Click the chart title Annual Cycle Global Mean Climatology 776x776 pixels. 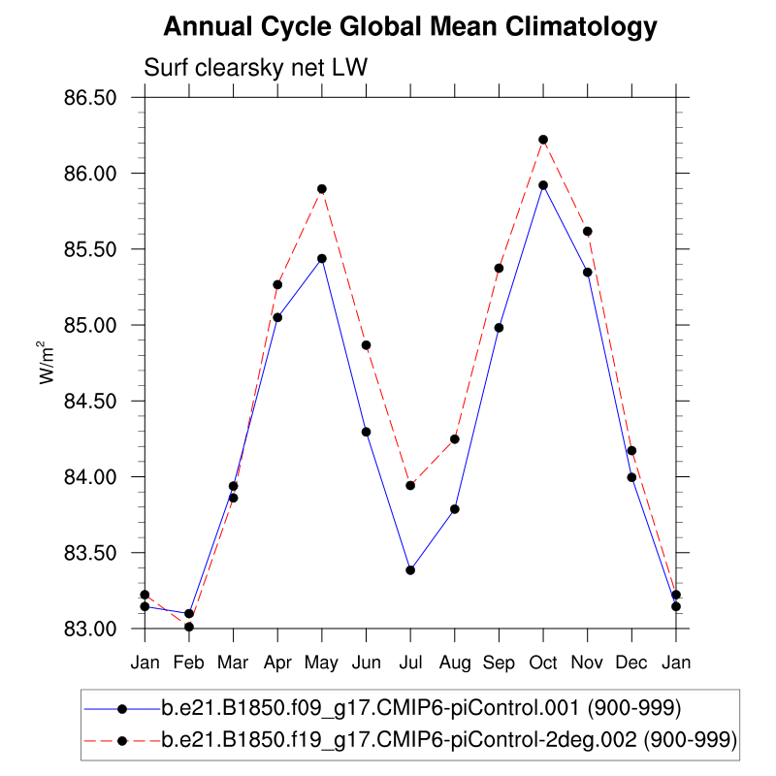(x=410, y=27)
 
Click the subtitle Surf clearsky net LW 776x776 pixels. (x=254, y=68)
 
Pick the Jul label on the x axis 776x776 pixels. (x=410, y=663)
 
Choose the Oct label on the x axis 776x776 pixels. (x=543, y=663)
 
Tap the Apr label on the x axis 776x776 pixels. (x=277, y=663)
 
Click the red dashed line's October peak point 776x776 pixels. (x=543, y=140)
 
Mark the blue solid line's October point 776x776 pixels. (x=543, y=185)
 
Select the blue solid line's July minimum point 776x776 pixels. (x=410, y=570)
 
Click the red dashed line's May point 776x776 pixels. (x=322, y=189)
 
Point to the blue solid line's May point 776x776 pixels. (x=322, y=259)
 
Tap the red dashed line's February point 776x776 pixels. (x=189, y=627)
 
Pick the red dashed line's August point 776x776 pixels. (x=455, y=439)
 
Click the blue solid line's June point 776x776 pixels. (x=367, y=432)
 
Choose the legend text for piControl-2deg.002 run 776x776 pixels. (x=449, y=740)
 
